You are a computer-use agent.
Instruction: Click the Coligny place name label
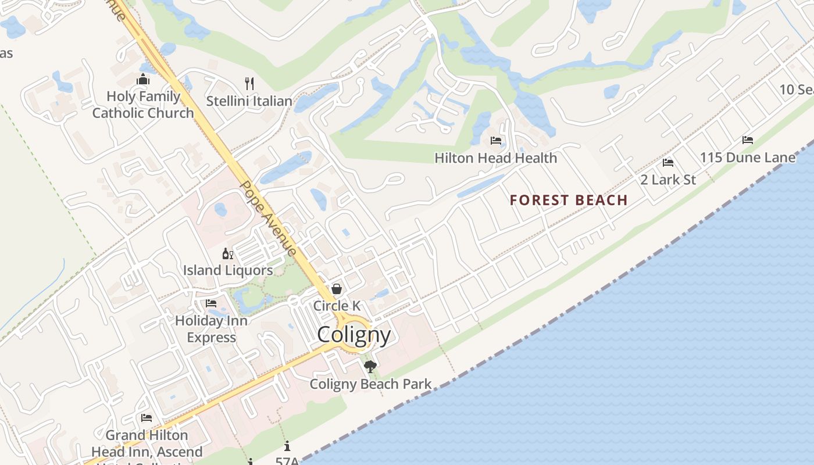[x=354, y=335]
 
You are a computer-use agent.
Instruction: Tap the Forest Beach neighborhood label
[x=569, y=201]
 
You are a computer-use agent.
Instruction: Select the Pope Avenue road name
[x=269, y=218]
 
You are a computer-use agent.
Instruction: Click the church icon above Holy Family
[x=143, y=80]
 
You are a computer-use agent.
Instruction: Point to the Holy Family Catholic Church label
[x=143, y=105]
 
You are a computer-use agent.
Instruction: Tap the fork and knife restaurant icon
[x=249, y=83]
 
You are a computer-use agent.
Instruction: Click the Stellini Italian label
[x=249, y=101]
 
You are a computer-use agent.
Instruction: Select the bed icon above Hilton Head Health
[x=496, y=141]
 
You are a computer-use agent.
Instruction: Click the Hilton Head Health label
[x=496, y=158]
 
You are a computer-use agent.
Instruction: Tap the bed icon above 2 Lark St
[x=668, y=163]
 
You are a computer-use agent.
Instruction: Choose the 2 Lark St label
[x=668, y=180]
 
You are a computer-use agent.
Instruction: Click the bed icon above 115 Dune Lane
[x=748, y=140]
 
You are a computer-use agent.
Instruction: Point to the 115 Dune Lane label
[x=748, y=158]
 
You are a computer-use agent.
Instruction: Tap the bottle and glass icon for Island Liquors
[x=228, y=253]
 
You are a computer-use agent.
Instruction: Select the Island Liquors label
[x=228, y=270]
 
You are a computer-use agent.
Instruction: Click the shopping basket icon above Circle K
[x=337, y=289]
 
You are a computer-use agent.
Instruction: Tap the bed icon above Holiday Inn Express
[x=211, y=303]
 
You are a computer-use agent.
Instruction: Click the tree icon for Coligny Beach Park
[x=370, y=367]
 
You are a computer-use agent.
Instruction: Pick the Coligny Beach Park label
[x=370, y=384]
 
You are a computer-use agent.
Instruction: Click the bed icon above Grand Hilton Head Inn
[x=147, y=418]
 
